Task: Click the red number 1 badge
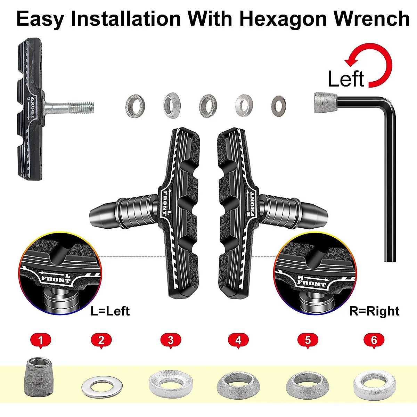point(41,340)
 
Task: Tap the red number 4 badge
point(238,340)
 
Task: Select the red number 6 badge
point(374,340)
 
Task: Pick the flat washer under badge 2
point(100,386)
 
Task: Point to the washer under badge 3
point(171,383)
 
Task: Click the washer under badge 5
point(308,384)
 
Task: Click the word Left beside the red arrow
point(346,79)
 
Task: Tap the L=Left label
point(110,311)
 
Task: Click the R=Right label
point(374,311)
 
